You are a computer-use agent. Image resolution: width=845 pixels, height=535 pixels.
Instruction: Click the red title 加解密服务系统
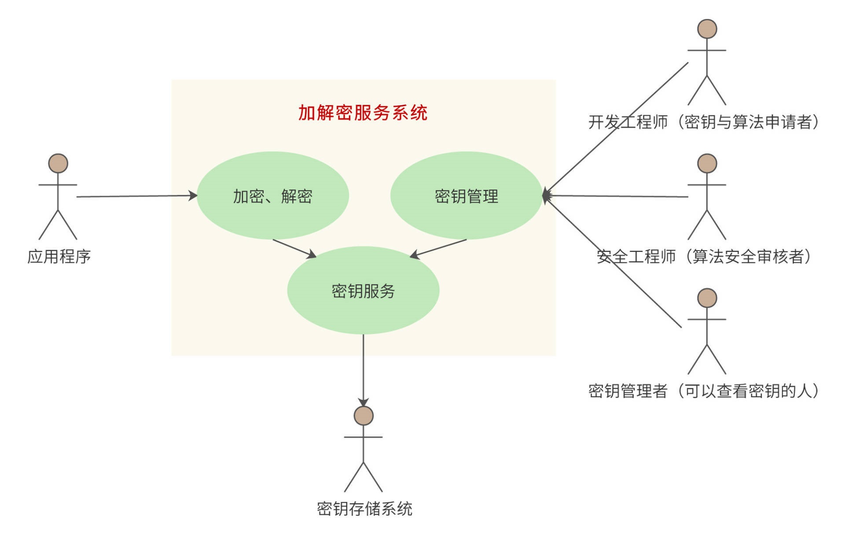point(363,113)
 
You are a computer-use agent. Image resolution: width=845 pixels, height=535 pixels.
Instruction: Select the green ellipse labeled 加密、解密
point(272,196)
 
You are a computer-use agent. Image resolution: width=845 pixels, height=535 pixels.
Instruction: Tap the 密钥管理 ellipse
point(466,196)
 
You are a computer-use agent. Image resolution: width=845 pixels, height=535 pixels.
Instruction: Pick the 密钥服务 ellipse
point(363,290)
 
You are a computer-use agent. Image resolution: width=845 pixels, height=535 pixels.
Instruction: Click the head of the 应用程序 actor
point(58,163)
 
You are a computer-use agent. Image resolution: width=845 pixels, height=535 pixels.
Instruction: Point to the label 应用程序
point(59,256)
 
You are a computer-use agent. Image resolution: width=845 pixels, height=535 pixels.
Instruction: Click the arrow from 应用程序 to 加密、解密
point(136,196)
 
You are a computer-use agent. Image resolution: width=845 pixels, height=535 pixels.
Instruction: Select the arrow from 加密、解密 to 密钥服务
point(294,248)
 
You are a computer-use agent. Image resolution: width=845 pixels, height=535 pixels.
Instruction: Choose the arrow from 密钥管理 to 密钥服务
point(438,248)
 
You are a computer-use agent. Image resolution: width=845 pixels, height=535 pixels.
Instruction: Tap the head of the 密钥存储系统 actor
point(363,415)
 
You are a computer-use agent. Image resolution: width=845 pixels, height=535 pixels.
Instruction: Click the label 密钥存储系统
point(364,509)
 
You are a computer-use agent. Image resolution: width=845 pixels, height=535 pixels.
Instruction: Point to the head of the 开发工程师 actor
point(707,29)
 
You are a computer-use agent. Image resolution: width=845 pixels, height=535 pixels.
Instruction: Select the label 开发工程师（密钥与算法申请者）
point(703,122)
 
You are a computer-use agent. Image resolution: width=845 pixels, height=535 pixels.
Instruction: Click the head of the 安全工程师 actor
point(707,163)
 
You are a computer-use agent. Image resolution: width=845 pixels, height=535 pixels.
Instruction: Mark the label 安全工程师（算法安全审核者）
point(703,256)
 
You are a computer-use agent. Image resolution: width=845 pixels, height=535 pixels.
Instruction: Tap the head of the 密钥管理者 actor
point(707,298)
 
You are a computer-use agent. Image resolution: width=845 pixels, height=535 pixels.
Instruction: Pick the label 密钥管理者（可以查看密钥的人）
point(703,391)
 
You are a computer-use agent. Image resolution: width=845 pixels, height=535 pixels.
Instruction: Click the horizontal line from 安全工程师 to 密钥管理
point(616,196)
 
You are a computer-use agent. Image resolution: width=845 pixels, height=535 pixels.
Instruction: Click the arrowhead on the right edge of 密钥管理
point(546,195)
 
